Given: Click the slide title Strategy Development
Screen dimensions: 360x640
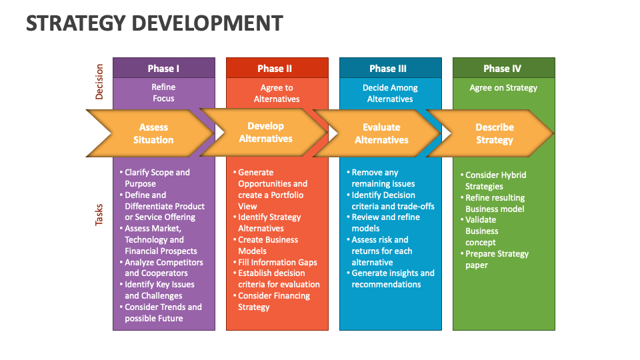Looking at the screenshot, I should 154,23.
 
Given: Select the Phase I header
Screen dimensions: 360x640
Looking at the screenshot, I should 163,69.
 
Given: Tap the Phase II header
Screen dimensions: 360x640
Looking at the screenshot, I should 275,69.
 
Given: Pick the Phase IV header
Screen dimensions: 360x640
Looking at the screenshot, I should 502,69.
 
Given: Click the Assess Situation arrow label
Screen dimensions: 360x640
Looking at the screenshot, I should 153,133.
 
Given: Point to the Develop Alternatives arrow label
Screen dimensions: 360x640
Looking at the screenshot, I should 265,133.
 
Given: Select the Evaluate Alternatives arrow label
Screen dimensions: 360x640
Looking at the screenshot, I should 381,133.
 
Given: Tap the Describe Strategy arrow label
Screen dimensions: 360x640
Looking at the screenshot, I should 495,133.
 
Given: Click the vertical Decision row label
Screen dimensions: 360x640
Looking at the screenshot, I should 99,81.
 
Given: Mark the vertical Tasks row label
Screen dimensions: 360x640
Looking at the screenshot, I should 99,214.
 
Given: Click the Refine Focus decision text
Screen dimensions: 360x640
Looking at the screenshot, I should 163,93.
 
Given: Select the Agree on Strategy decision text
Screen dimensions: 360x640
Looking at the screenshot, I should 503,88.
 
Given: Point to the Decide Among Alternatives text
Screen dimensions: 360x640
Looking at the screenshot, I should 390,93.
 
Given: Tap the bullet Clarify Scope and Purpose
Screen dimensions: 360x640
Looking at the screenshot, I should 157,178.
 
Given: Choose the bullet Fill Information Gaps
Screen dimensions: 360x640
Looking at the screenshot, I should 277,262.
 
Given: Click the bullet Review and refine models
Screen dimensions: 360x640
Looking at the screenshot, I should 385,223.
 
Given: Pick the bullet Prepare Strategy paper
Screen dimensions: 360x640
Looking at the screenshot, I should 496,259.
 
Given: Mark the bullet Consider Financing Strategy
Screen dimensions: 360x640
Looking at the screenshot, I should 273,301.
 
